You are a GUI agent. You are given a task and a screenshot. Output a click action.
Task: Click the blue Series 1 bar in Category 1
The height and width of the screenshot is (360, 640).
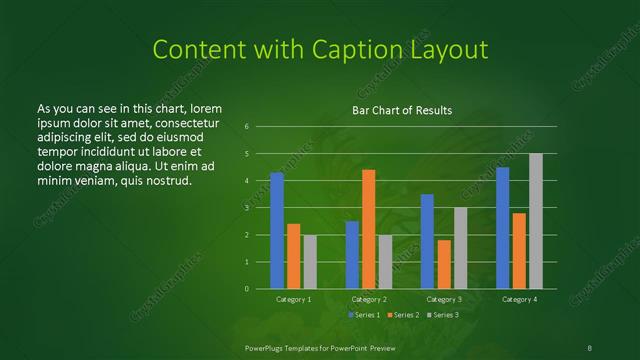point(277,231)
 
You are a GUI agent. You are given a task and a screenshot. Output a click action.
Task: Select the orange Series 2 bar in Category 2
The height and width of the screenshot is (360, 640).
point(369,229)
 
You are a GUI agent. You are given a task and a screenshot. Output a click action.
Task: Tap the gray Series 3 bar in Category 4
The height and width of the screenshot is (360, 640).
point(536,221)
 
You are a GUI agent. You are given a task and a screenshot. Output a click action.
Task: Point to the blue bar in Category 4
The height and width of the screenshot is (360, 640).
point(503,228)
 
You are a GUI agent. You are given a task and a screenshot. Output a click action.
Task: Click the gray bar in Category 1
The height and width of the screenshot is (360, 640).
point(310,262)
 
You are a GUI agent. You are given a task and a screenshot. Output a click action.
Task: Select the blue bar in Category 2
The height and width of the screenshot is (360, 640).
point(352,255)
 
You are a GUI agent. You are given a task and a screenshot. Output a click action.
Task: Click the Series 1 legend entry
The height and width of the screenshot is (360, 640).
point(362,315)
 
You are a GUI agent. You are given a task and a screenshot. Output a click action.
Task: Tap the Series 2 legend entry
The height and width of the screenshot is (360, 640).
point(402,315)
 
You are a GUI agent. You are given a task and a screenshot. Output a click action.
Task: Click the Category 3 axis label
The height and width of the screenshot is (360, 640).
point(444,299)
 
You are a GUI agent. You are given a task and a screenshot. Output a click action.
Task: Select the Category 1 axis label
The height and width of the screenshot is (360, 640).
point(294,299)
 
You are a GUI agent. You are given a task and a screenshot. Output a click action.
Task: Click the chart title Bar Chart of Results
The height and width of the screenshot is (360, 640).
point(402,110)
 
